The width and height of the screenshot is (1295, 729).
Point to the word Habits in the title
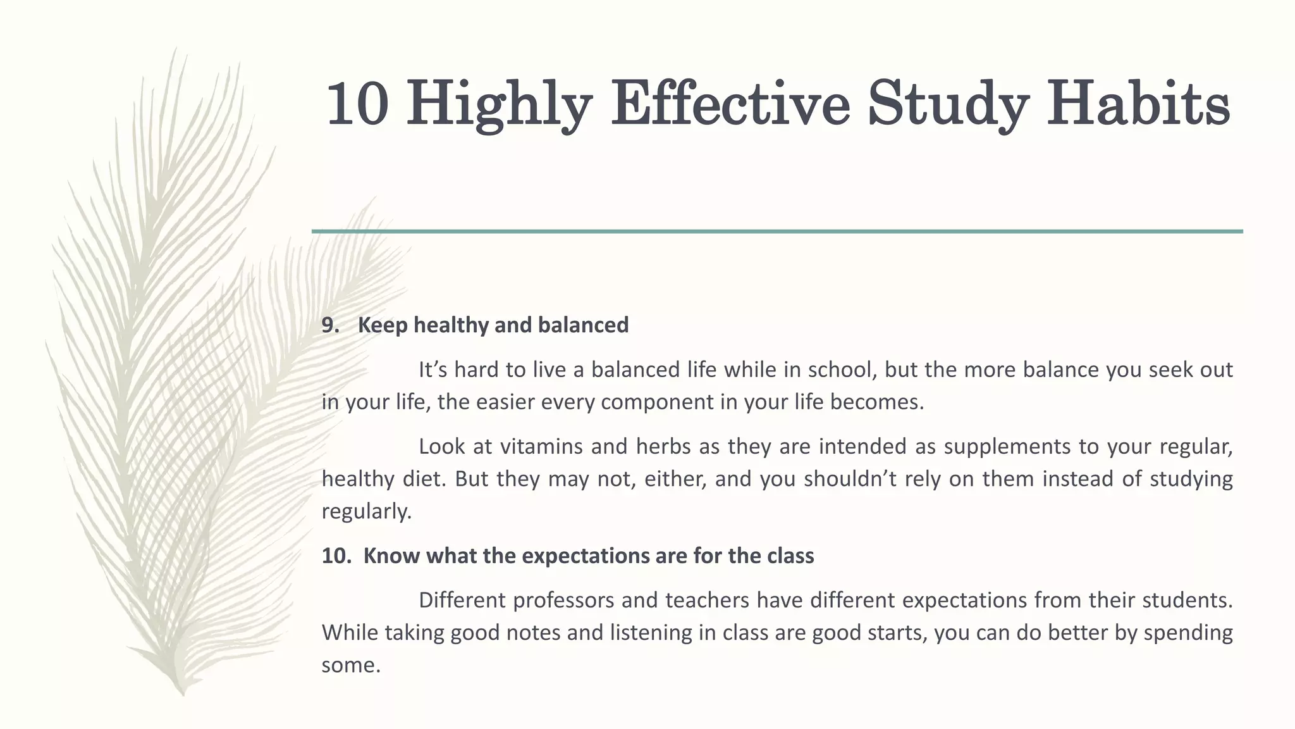pyautogui.click(x=1138, y=104)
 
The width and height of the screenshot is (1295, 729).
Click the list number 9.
pyautogui.click(x=330, y=325)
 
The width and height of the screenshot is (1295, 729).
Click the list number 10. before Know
pyautogui.click(x=336, y=556)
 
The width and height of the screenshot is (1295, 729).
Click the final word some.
pyautogui.click(x=350, y=665)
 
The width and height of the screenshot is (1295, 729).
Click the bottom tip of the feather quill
pyautogui.click(x=183, y=694)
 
